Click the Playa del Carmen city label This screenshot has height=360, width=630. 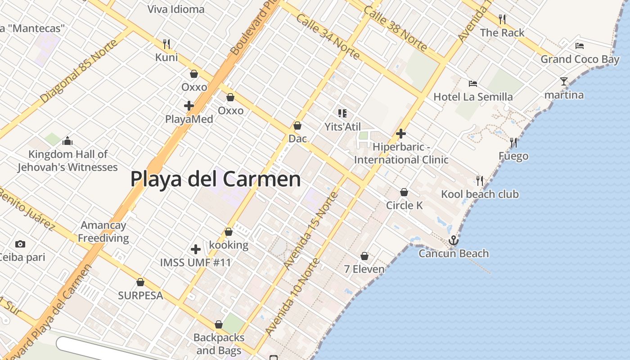216,179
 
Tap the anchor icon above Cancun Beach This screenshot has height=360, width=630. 453,240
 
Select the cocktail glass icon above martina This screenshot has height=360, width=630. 564,81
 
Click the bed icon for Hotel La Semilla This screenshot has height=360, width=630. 472,83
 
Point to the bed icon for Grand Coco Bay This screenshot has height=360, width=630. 580,45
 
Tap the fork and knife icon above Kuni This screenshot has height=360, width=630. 166,44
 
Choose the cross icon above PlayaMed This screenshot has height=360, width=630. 189,106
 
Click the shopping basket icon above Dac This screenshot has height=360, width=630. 297,126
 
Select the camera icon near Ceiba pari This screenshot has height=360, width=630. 20,244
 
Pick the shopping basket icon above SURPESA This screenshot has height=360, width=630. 140,282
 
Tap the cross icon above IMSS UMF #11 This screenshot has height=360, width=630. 196,249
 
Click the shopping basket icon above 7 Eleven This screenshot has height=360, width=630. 364,256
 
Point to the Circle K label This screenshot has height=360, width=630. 404,205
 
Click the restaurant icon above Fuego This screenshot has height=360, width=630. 513,143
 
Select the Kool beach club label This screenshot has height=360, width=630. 480,194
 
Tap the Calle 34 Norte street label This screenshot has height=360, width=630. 328,37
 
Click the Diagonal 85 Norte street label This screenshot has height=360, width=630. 79,71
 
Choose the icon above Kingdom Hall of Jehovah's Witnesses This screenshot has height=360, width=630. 67,141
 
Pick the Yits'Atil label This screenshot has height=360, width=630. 343,127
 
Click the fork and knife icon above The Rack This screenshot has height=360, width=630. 502,19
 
